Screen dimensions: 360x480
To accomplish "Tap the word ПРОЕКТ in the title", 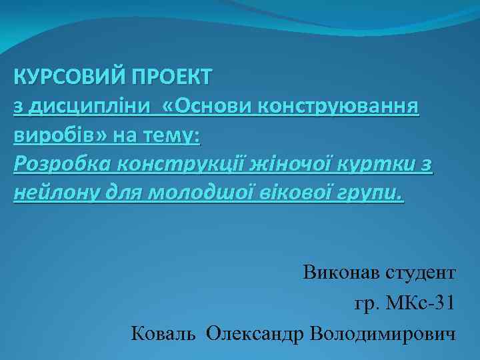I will pyautogui.click(x=171, y=77).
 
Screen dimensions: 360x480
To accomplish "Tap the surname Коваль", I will pyautogui.click(x=163, y=332).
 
